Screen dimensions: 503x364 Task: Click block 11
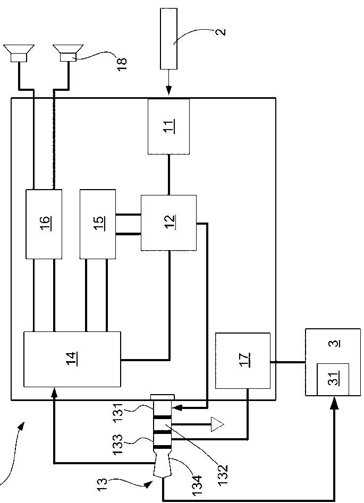pos(168,126)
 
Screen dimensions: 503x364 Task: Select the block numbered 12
pos(168,223)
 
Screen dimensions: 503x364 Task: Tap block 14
pos(72,359)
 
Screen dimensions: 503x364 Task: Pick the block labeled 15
pos(98,223)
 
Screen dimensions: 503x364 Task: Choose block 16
pos(44,223)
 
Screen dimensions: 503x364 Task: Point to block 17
pos(242,361)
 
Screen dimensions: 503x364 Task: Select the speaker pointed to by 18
pos(67,54)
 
